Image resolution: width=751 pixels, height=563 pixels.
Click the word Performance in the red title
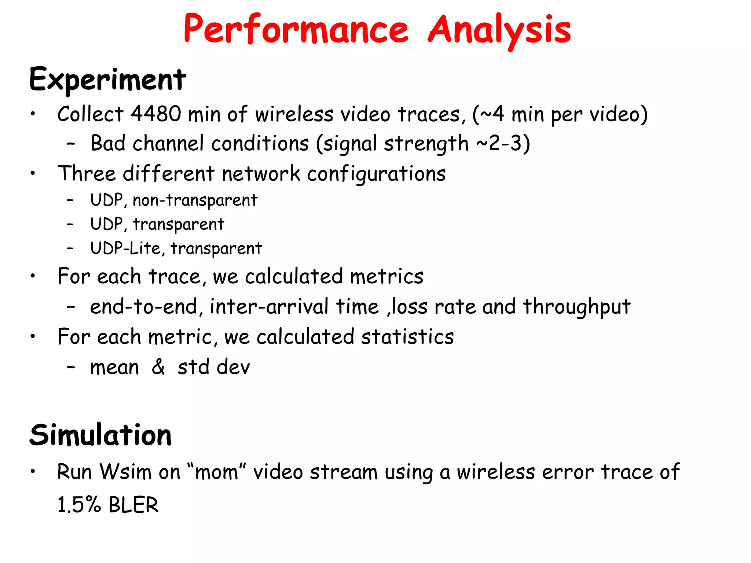296,29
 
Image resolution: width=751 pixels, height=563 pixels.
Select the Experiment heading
107,80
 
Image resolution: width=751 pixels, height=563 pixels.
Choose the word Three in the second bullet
87,173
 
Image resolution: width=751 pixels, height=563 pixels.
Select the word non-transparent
195,200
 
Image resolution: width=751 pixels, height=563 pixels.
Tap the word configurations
376,174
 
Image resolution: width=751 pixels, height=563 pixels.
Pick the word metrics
387,276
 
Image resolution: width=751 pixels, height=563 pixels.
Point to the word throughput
576,307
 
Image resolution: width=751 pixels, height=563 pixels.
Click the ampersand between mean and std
158,367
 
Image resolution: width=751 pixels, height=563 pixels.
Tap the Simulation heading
100,435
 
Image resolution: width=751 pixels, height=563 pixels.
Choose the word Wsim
126,472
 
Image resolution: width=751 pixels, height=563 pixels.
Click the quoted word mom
216,472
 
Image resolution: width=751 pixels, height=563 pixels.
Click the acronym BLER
133,505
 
